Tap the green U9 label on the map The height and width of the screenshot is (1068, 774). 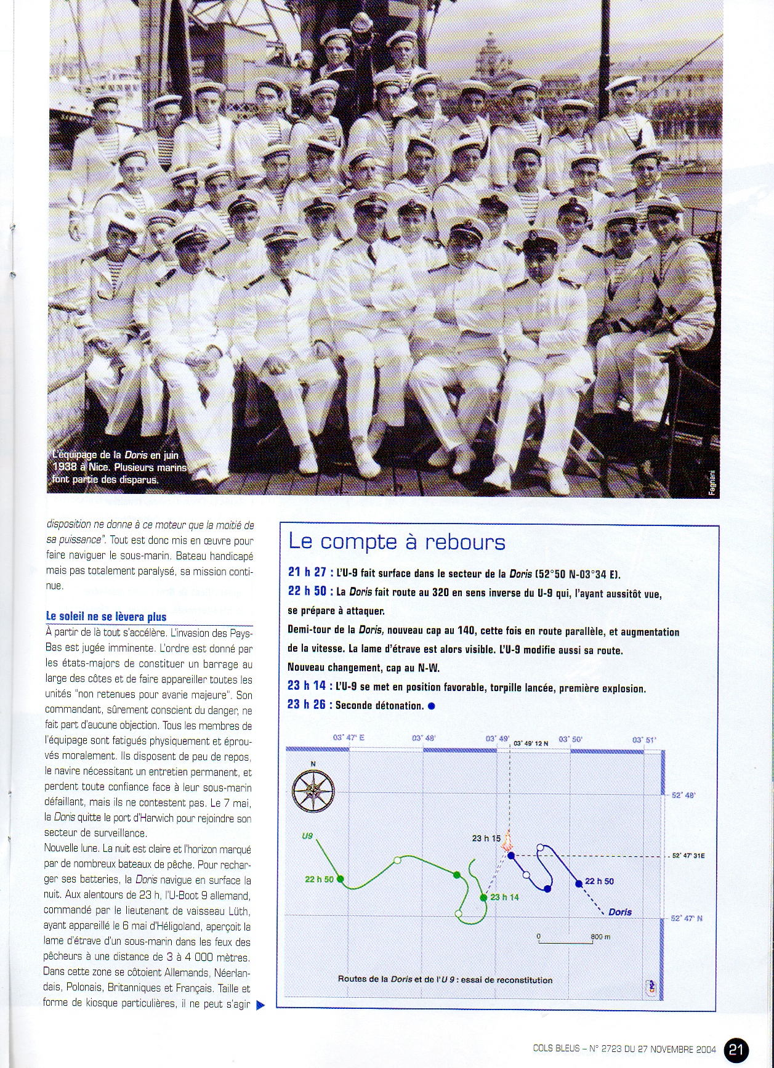pyautogui.click(x=307, y=836)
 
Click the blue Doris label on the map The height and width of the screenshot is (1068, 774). pyautogui.click(x=619, y=912)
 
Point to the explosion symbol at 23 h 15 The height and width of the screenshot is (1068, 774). pyautogui.click(x=508, y=842)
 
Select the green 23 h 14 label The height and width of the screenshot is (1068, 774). pyautogui.click(x=504, y=897)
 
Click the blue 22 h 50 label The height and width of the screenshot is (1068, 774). pyautogui.click(x=599, y=881)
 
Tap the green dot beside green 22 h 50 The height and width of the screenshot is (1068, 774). pyautogui.click(x=341, y=879)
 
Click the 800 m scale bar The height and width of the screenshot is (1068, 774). pyautogui.click(x=565, y=941)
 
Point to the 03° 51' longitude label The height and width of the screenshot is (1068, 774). pyautogui.click(x=644, y=739)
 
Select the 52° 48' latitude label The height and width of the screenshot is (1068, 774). pyautogui.click(x=683, y=795)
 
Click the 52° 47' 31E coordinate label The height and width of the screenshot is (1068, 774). pyautogui.click(x=688, y=856)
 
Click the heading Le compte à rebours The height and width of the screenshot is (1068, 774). pyautogui.click(x=397, y=542)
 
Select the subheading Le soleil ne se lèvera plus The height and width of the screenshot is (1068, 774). pyautogui.click(x=106, y=617)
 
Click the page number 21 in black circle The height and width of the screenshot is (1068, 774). pyautogui.click(x=737, y=1049)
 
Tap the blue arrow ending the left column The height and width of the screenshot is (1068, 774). pyautogui.click(x=260, y=1005)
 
